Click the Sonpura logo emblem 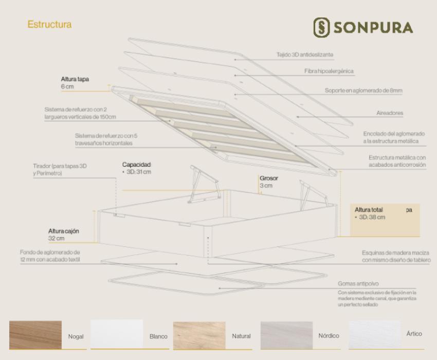click(x=321, y=27)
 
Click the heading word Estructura click(x=49, y=25)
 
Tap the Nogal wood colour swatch click(x=35, y=335)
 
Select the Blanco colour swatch click(x=117, y=334)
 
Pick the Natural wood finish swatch click(x=199, y=335)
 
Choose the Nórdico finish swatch click(x=286, y=335)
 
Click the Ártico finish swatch click(x=374, y=335)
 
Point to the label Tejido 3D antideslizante click(x=305, y=55)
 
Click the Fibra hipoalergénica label click(x=329, y=71)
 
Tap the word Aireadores click(x=390, y=113)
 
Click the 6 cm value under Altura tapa click(x=67, y=86)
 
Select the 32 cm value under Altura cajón click(x=57, y=239)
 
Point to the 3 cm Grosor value click(x=266, y=186)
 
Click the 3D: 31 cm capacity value click(x=139, y=172)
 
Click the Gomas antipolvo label click(x=358, y=283)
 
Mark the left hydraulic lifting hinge click(x=204, y=184)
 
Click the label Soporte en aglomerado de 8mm click(x=363, y=91)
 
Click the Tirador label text click(x=60, y=170)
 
